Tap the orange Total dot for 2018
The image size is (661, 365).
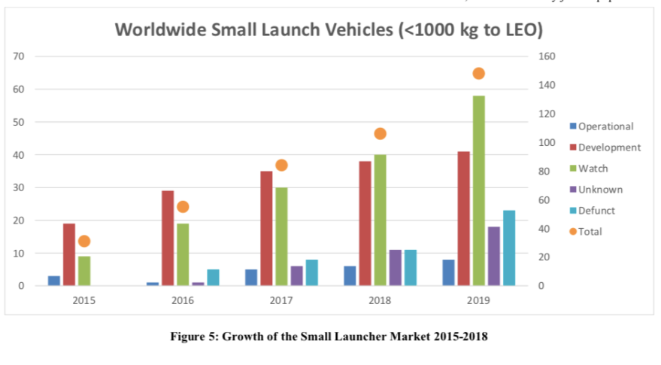(380, 134)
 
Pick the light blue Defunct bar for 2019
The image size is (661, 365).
(509, 248)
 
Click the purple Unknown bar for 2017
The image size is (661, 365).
(297, 276)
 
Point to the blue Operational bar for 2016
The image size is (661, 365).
(152, 284)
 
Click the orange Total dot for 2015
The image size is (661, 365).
(84, 242)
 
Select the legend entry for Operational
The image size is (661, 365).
(605, 126)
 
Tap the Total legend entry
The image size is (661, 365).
(590, 232)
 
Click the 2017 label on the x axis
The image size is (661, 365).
(281, 300)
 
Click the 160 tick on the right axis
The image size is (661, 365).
(548, 56)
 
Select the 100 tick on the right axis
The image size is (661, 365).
(548, 142)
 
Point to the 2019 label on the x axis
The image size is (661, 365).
(478, 300)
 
